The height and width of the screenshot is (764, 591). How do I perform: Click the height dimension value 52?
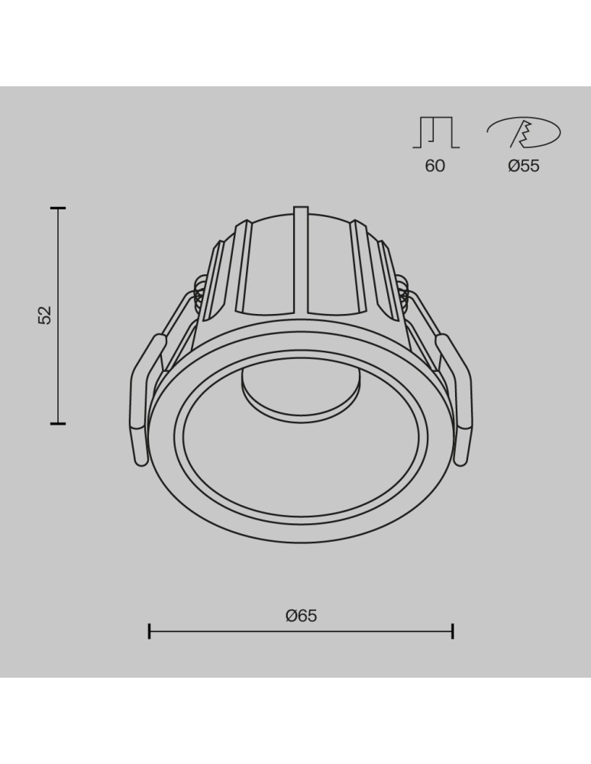[x=45, y=315]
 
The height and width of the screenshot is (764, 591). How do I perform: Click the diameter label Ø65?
[x=301, y=616]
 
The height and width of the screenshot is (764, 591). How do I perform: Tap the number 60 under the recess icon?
[x=434, y=166]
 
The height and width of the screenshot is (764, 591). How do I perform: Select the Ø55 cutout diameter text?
[x=524, y=166]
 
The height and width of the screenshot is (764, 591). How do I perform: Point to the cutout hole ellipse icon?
[x=524, y=133]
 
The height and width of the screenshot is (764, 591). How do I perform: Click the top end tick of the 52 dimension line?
[x=58, y=208]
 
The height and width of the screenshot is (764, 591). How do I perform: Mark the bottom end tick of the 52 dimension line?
[x=58, y=422]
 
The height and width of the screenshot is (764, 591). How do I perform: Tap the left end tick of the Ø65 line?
[x=150, y=631]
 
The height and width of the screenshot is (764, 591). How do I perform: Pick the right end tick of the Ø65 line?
[x=453, y=631]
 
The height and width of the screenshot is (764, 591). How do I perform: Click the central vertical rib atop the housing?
[x=301, y=260]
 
